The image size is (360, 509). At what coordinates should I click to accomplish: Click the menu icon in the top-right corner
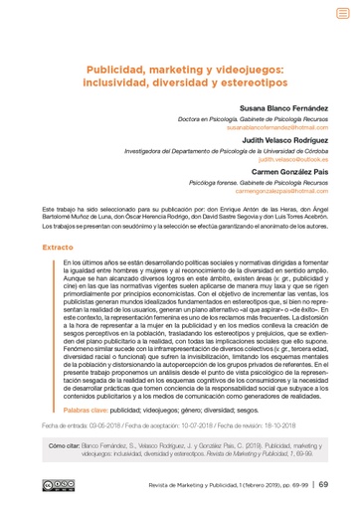click(x=342, y=14)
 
